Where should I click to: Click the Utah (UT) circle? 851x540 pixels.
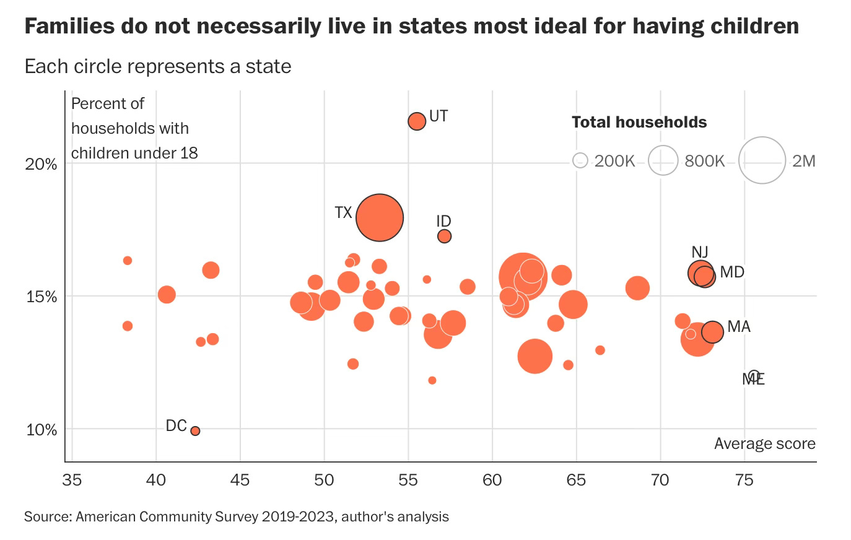pos(417,121)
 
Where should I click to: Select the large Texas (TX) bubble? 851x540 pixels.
pos(380,217)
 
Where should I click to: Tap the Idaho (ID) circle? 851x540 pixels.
pos(444,236)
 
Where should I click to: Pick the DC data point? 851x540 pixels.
pos(195,430)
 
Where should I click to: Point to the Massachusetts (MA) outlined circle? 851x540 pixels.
pos(712,332)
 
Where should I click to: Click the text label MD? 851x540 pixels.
pos(732,272)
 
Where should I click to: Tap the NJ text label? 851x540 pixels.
pos(700,252)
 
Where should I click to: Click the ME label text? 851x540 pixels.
pos(754,379)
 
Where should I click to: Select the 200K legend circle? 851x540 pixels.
pos(580,161)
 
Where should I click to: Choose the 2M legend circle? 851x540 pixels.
pos(762,161)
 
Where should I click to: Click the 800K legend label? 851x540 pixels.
pos(705,161)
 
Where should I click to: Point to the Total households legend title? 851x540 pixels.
pos(639,122)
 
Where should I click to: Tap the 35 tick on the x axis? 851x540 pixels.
pos(72,480)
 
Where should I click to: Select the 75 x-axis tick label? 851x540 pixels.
pos(744,480)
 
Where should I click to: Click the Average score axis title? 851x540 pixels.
pos(764,443)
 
